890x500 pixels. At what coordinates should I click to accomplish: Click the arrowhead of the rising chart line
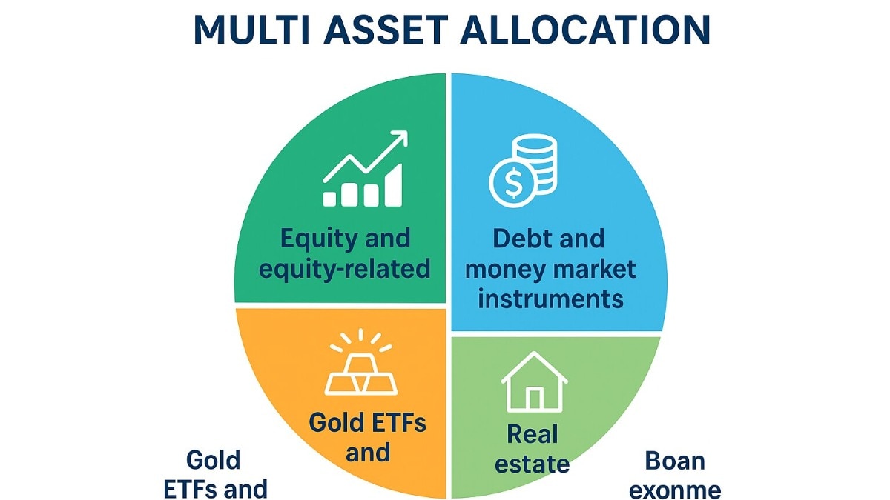pos(400,139)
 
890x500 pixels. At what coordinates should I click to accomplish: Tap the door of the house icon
pos(534,398)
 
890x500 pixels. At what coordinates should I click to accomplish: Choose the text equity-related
pos(345,268)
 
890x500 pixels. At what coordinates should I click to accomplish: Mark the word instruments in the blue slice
pos(550,299)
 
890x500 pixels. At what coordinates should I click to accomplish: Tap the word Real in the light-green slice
pos(533,433)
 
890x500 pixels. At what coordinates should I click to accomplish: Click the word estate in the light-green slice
pos(533,464)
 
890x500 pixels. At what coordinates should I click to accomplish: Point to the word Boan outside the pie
pos(675,461)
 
